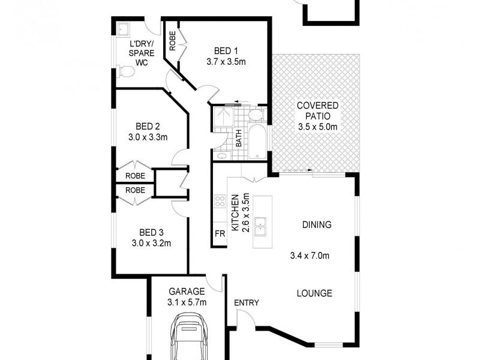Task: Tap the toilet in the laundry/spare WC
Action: tap(127, 73)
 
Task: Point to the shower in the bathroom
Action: tap(223, 117)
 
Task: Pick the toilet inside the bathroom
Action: tap(255, 113)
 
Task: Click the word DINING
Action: tap(316, 225)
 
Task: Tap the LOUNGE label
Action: tap(314, 293)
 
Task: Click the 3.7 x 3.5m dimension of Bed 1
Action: tap(225, 62)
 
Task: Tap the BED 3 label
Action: tap(151, 233)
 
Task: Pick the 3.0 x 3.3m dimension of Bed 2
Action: tap(148, 137)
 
